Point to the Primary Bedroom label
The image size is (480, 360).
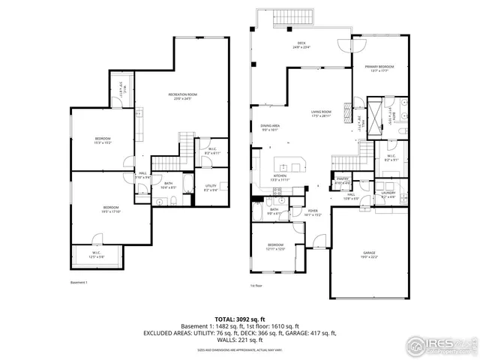tap(380, 69)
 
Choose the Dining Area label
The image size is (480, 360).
tap(270, 127)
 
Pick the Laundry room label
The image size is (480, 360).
tap(388, 194)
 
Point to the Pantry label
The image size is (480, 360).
tap(342, 180)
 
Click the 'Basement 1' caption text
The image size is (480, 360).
tap(79, 282)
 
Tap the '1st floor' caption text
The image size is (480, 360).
tap(257, 285)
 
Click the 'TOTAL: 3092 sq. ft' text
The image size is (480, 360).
tap(240, 319)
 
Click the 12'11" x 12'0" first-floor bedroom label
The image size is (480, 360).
tap(275, 247)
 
